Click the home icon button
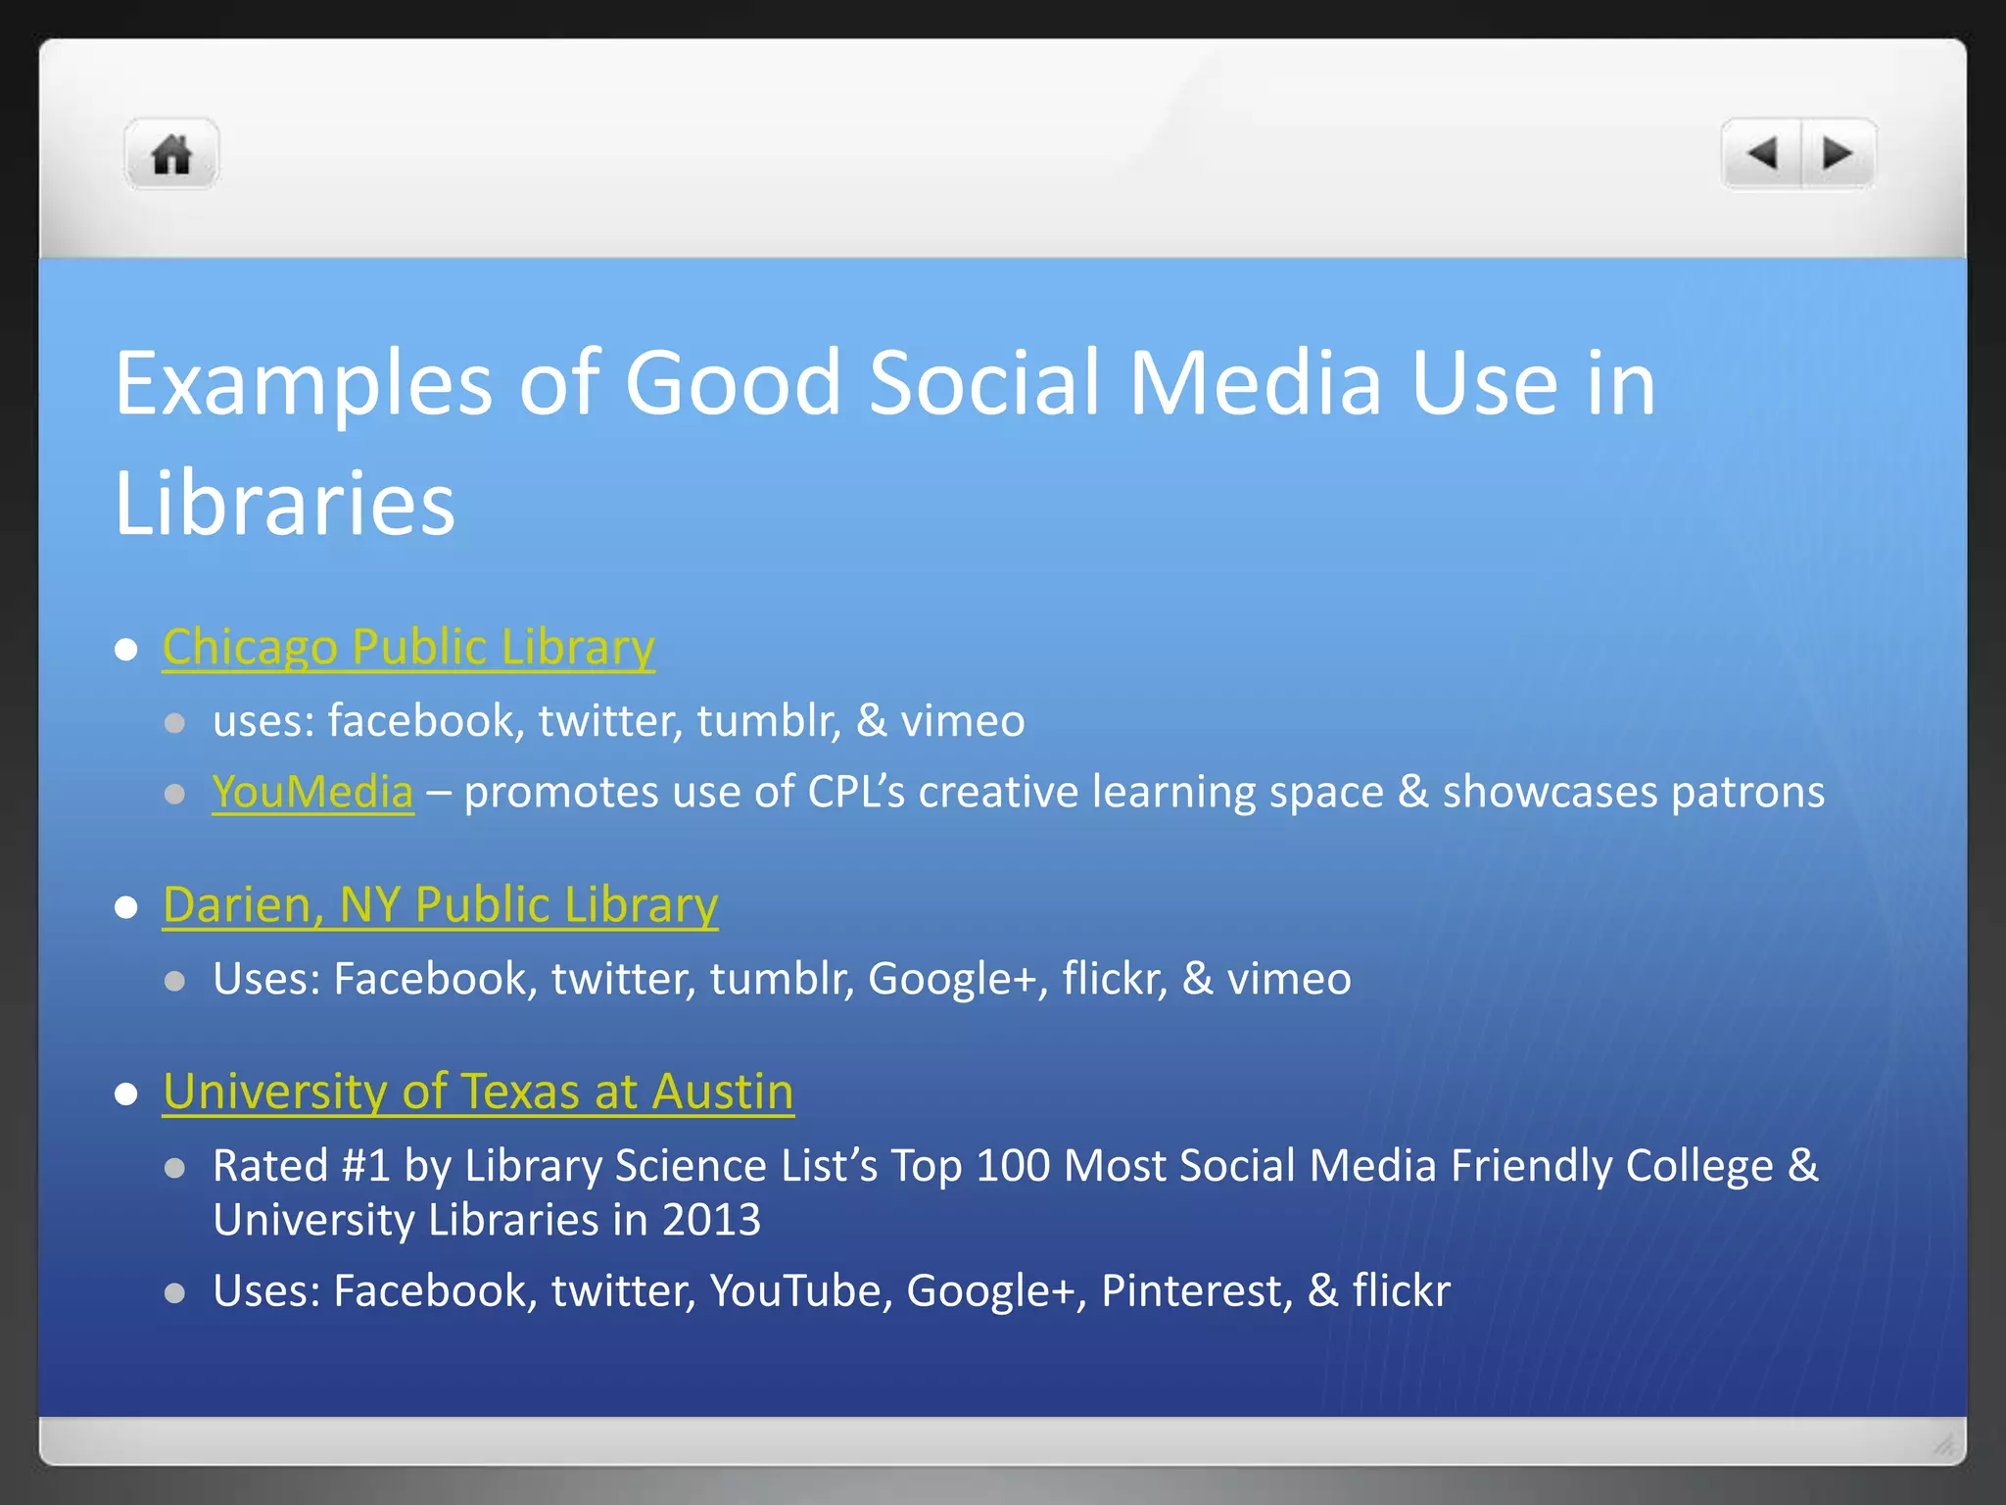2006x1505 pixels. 171,155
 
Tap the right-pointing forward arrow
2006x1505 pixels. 1837,153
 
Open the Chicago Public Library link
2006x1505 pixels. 408,648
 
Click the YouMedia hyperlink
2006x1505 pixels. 312,792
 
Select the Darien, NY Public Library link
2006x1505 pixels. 440,905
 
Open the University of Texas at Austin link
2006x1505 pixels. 478,1092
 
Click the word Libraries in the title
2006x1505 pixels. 284,504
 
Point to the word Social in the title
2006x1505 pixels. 984,383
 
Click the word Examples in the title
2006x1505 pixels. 303,385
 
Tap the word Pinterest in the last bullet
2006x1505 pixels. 1190,1291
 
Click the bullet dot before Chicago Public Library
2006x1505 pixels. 125,650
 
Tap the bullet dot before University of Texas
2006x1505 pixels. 125,1093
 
